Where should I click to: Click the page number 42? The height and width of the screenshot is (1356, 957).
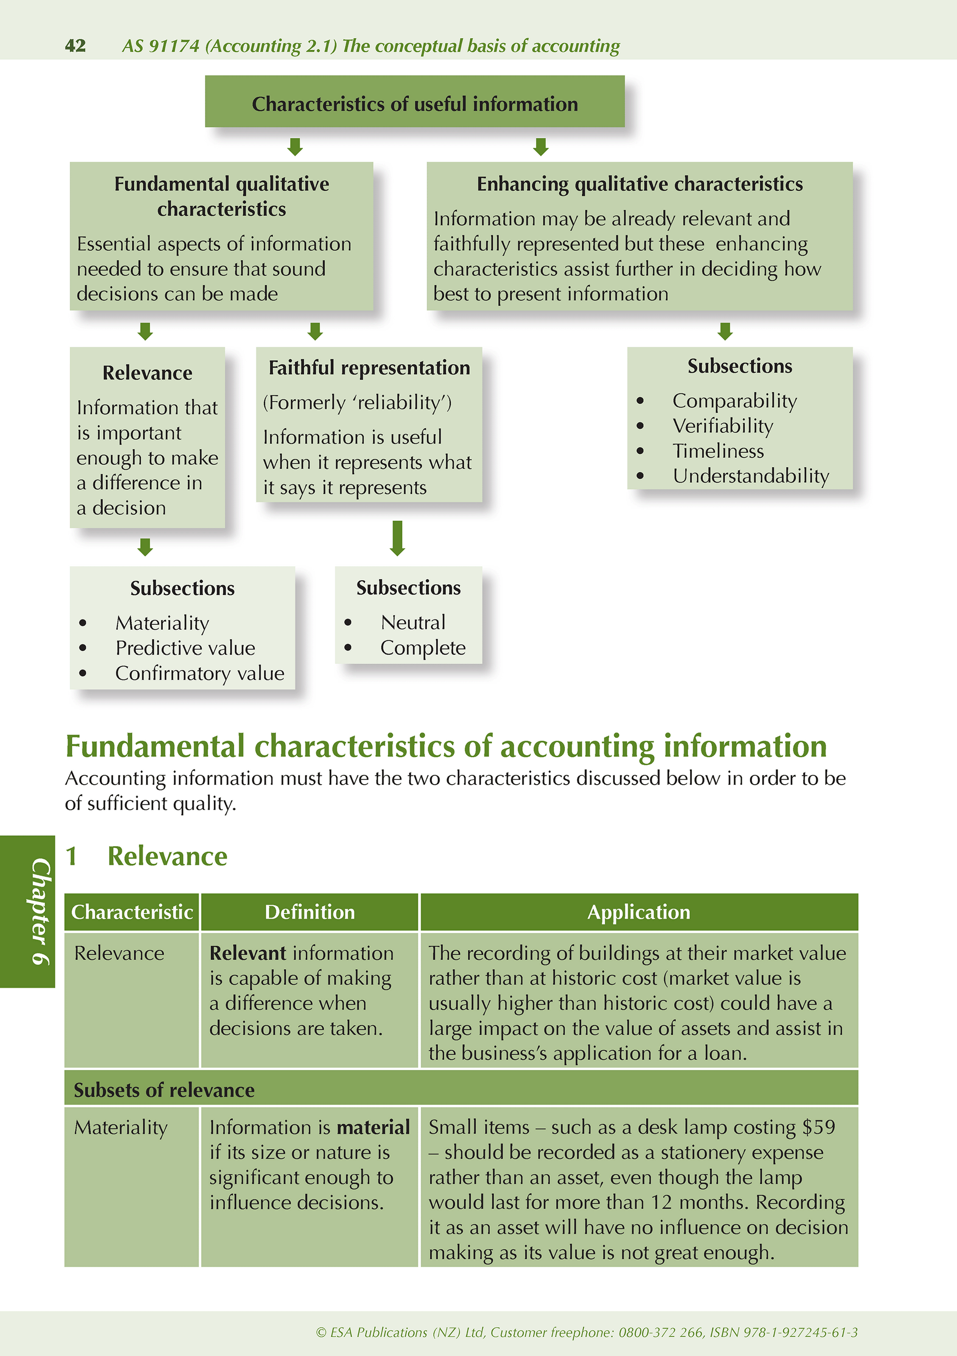75,45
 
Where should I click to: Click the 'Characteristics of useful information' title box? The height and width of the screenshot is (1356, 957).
415,102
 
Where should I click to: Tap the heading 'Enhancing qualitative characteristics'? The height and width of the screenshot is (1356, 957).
640,184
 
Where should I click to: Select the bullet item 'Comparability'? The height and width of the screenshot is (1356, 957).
734,401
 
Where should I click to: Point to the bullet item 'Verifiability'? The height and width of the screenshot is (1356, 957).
722,426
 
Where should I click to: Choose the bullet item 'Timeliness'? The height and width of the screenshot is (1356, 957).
718,451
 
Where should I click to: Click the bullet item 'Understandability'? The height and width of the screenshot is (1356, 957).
750,476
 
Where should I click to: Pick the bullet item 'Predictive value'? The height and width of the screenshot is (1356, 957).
185,649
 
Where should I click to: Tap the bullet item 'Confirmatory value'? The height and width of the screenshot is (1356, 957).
200,673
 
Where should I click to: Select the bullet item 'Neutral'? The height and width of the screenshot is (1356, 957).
413,622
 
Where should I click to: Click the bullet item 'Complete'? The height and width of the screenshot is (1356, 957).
423,648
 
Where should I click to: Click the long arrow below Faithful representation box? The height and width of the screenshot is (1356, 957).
397,537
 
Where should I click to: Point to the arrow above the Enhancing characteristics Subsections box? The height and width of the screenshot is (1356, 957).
725,331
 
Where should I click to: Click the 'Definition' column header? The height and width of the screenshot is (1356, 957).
309,912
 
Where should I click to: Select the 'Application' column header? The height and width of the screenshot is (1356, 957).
639,912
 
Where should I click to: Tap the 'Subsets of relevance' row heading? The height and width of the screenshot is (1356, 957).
164,1090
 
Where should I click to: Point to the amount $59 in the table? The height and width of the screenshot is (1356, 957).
818,1127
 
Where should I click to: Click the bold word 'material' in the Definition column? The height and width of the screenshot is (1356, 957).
373,1127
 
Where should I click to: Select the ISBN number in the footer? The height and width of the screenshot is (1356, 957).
783,1332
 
